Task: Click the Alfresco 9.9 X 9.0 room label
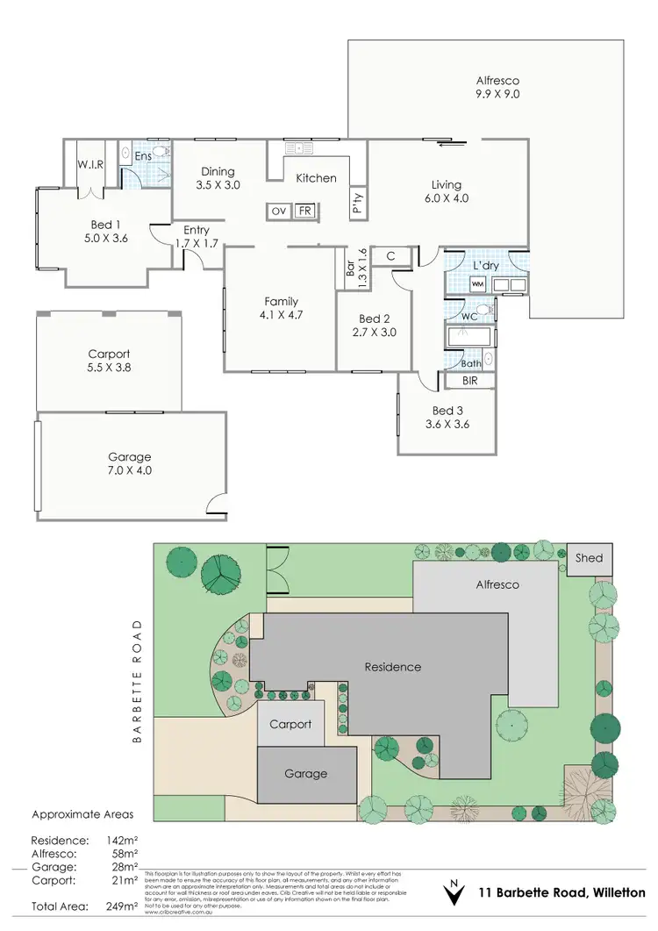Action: (x=497, y=86)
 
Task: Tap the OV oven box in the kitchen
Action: (x=279, y=211)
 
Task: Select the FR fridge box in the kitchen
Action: (x=304, y=211)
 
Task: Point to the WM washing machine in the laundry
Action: (x=478, y=284)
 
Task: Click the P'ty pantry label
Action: (x=358, y=204)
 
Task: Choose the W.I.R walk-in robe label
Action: (x=91, y=164)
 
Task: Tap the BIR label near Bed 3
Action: (x=471, y=382)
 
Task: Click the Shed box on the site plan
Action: (x=589, y=558)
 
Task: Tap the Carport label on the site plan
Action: (x=290, y=724)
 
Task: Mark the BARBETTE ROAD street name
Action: (x=137, y=681)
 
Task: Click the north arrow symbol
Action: (x=454, y=892)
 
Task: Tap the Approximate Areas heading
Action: (x=82, y=813)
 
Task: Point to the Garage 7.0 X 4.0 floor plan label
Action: (x=130, y=463)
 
